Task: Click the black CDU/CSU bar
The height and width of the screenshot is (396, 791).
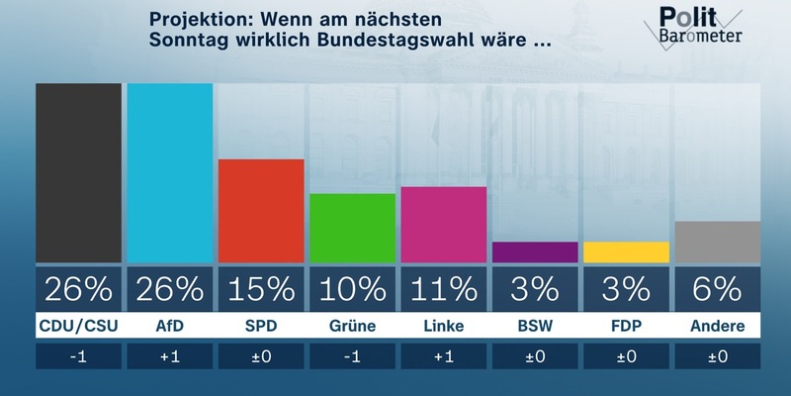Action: click(78, 173)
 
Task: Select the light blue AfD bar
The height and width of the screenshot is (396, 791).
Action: click(170, 173)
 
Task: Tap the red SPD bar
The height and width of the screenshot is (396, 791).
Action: click(261, 211)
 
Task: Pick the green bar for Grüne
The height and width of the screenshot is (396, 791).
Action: click(352, 229)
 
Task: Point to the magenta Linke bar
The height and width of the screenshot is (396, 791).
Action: click(443, 225)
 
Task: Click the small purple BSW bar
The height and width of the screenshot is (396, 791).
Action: click(535, 252)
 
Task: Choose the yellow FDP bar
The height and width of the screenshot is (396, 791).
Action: click(626, 252)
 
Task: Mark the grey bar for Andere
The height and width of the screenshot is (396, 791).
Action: click(717, 243)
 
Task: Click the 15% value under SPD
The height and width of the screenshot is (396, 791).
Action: click(261, 289)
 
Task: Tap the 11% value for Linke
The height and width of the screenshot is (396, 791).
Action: click(443, 289)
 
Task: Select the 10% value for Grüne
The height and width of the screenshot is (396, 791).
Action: click(352, 289)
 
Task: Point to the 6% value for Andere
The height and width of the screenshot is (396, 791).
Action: click(717, 289)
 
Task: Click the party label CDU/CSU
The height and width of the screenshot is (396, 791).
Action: click(78, 325)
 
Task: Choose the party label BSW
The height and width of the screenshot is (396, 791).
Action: click(535, 325)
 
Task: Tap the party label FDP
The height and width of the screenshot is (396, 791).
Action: click(626, 325)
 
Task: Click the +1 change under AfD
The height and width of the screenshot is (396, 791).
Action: click(170, 356)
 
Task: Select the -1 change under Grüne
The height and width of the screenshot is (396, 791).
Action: click(352, 356)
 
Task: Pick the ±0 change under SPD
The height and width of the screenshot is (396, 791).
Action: click(261, 356)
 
